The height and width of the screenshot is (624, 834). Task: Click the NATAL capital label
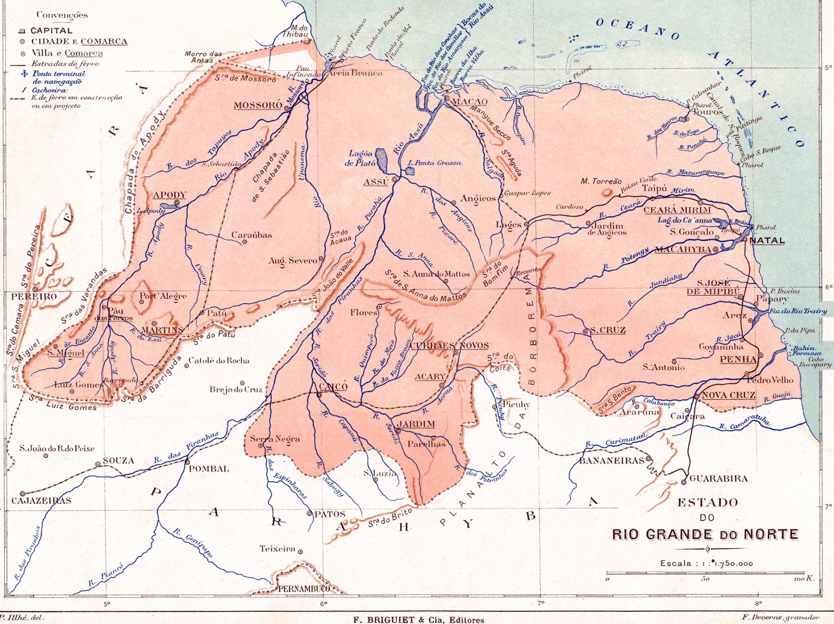coord(767,241)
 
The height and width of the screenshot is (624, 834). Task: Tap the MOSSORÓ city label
coord(257,105)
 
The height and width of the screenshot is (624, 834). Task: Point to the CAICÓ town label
coord(333,386)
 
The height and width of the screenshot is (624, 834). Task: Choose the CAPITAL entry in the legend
coord(51,31)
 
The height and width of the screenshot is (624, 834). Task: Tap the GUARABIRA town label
coord(718,479)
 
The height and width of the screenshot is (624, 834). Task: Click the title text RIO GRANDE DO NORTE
coord(705,534)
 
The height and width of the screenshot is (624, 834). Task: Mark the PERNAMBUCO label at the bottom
coord(304,589)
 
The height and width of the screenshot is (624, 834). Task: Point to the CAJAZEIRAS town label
coord(41,500)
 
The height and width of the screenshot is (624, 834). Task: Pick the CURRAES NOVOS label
coord(449,345)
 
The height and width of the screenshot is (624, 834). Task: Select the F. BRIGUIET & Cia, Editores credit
coord(418,620)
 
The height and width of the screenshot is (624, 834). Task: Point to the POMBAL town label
coord(208,469)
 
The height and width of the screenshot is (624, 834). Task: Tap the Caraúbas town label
coord(251,235)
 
